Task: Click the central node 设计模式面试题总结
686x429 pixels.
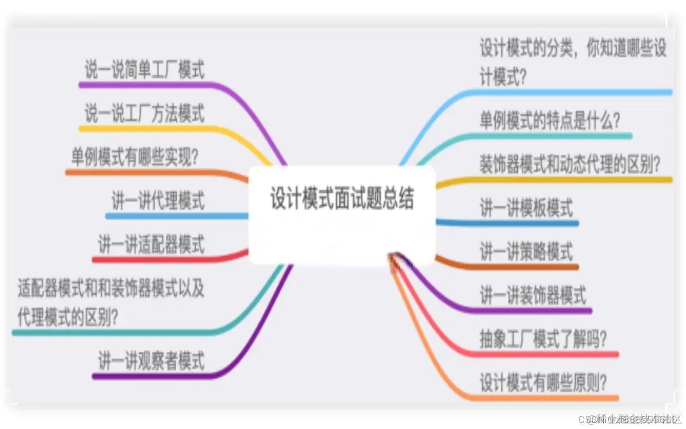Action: click(342, 199)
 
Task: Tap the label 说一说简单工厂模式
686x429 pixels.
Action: click(144, 71)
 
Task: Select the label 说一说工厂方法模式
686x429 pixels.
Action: click(144, 112)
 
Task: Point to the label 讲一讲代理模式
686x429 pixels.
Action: click(158, 200)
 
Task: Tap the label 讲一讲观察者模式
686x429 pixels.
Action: click(151, 361)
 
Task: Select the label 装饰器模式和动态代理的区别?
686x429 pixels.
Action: click(570, 163)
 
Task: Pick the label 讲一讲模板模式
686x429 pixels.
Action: click(526, 208)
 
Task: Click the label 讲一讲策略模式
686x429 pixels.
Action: click(526, 251)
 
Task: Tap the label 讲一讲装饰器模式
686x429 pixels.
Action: click(533, 296)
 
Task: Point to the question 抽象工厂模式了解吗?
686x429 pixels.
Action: click(544, 339)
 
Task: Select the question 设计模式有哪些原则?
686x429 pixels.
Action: click(544, 382)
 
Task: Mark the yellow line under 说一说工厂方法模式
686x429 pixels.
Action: click(150, 127)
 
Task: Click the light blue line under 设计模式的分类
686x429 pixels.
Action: click(569, 92)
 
